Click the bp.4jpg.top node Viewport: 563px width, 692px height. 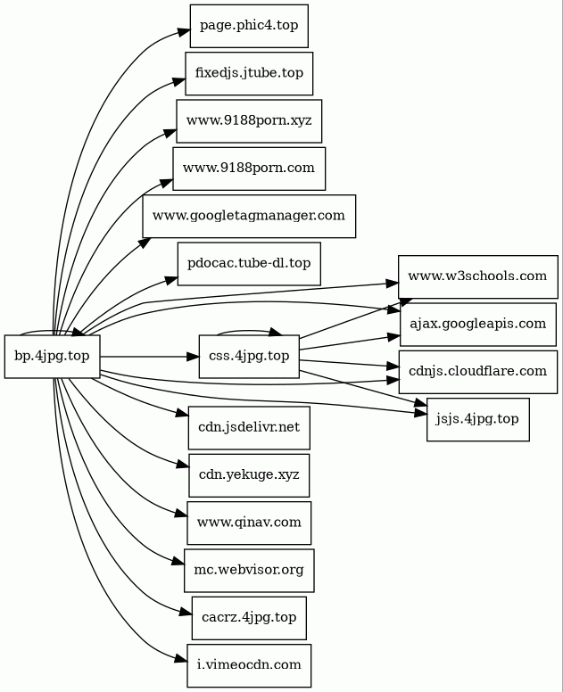53,356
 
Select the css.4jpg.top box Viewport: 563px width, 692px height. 249,356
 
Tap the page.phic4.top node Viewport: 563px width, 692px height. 249,26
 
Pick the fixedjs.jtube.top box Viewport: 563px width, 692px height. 249,74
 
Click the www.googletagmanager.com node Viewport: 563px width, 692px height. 249,216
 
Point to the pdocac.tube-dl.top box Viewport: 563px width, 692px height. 249,264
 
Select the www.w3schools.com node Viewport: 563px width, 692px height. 477,276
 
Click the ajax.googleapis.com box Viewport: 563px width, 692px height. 477,325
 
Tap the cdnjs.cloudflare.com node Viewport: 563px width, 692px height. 477,372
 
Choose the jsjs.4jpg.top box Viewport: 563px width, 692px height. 477,419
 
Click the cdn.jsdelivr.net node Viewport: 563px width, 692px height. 249,428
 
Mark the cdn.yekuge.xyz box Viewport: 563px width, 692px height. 249,475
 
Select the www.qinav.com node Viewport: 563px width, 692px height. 249,523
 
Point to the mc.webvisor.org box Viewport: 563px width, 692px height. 249,571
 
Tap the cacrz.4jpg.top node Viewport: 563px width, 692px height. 249,618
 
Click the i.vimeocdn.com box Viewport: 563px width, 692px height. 249,665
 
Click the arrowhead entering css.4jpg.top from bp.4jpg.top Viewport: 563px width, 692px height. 194,356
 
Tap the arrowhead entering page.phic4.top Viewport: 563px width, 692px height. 185,32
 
